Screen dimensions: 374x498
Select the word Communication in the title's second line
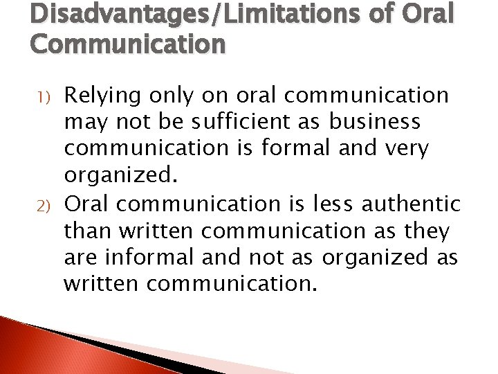[x=128, y=44]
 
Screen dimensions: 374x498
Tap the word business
[x=374, y=122]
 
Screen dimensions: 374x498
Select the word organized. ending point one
[x=121, y=175]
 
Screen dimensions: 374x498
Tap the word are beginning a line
[x=80, y=257]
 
